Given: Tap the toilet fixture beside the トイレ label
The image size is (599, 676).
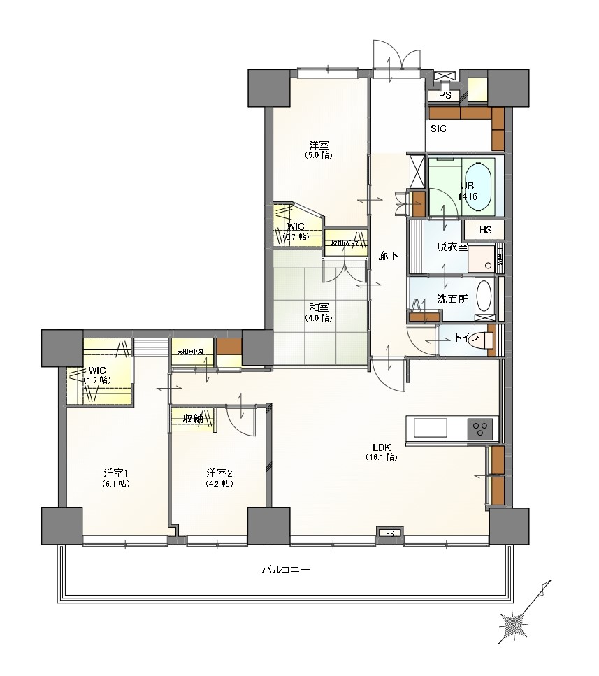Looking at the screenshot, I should tap(485, 340).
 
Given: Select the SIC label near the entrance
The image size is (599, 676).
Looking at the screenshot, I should tap(438, 129).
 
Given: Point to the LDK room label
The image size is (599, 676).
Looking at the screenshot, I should tap(381, 447).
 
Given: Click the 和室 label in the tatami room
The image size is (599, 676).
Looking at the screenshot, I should tap(318, 307).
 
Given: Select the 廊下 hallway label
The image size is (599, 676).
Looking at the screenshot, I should tap(388, 256).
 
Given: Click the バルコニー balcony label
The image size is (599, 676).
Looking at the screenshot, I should tap(285, 570).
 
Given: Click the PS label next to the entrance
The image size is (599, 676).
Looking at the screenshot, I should tap(445, 96).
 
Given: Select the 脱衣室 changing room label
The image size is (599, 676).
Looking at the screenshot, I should tap(451, 247).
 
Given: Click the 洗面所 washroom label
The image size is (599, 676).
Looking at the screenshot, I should tap(452, 299).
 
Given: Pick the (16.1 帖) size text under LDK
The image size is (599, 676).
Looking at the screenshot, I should tap(381, 458).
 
